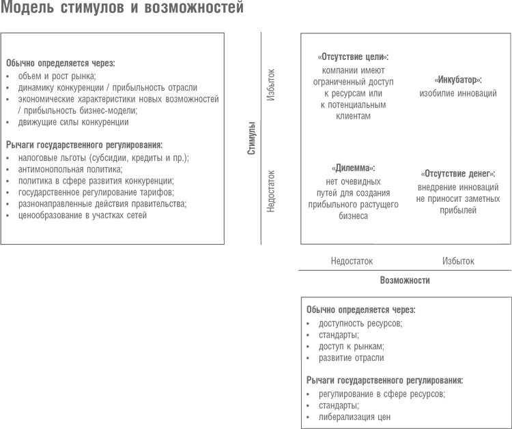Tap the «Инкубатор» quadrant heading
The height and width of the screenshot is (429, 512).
pos(457,80)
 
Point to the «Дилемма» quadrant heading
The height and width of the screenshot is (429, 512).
pos(353,167)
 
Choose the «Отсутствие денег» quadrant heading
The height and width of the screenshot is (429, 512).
pos(457,173)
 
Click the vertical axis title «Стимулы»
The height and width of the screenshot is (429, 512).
pos(251,138)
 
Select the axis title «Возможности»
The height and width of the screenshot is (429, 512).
pos(405,280)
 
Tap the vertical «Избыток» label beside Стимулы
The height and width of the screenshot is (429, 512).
pos(270,85)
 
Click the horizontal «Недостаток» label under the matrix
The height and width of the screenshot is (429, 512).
pos(352,261)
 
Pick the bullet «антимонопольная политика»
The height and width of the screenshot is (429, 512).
pos(70,169)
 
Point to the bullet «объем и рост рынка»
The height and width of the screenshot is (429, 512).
pos(57,76)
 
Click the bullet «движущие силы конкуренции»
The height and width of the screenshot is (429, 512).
pos(73,122)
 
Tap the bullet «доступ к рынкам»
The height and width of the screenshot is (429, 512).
pos(351,346)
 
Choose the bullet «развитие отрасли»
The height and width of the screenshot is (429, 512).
pos(351,358)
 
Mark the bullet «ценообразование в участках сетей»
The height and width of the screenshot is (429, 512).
pos(82,216)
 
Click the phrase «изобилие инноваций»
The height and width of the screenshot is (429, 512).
pos(457,93)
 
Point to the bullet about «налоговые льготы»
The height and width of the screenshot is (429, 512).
pos(103,158)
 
